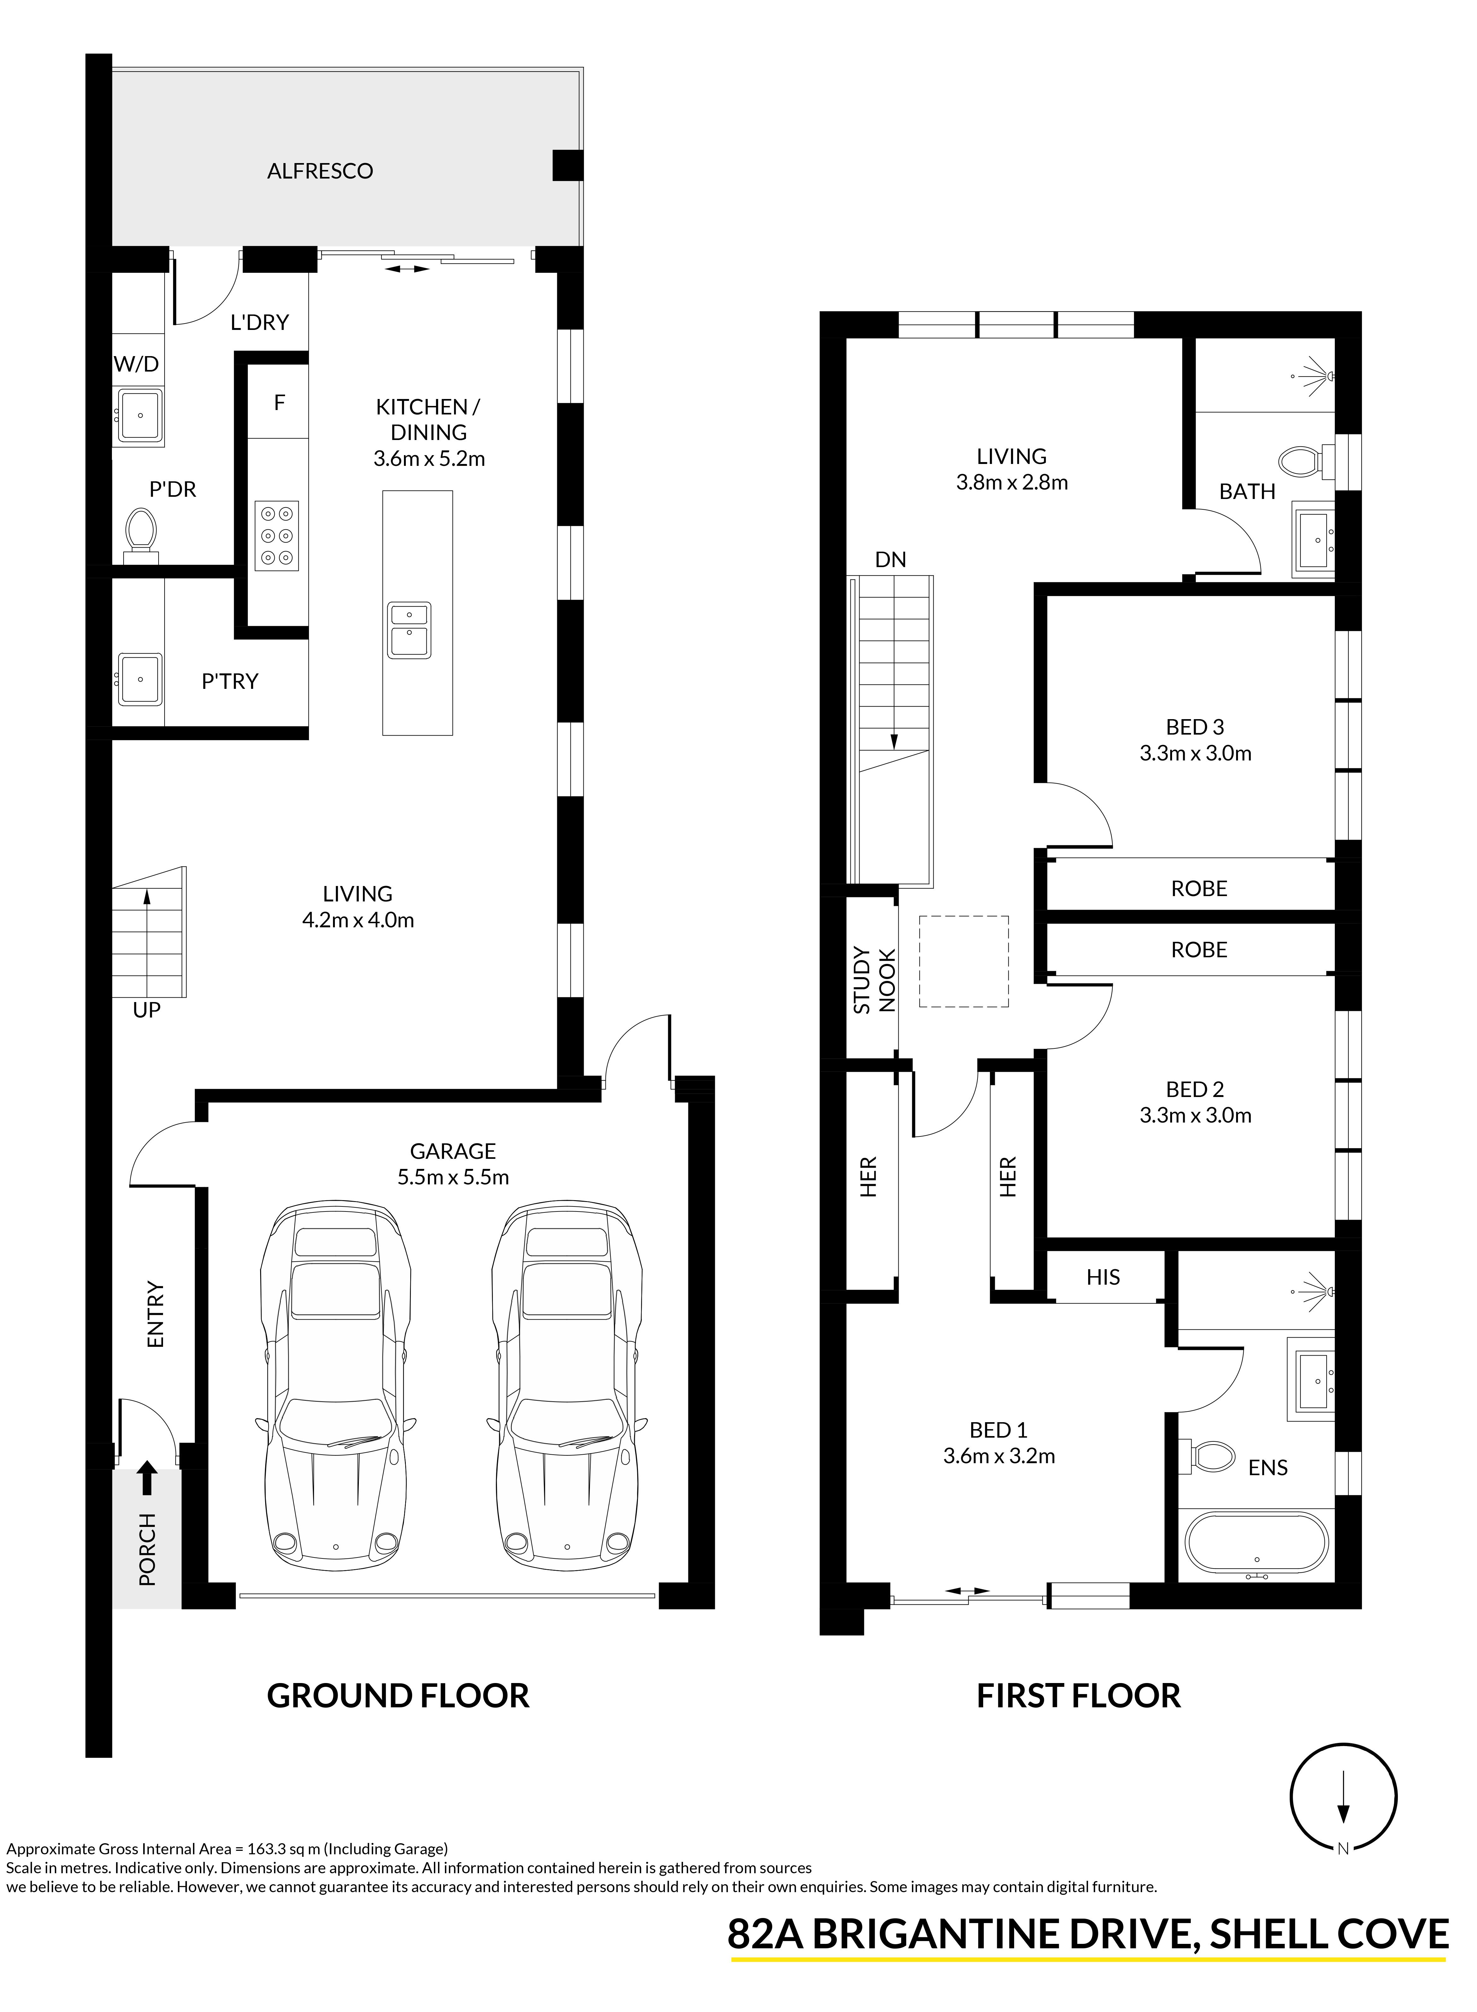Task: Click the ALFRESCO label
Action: [320, 171]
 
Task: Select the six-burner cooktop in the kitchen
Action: [277, 536]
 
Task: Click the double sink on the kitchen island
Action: [409, 631]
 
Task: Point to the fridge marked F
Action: [279, 402]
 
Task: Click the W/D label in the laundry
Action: [137, 364]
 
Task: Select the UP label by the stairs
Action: [147, 1011]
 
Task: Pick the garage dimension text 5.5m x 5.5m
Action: [453, 1177]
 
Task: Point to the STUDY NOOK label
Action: [873, 980]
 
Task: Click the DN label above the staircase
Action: [890, 560]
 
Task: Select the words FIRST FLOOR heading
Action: [1078, 1696]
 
